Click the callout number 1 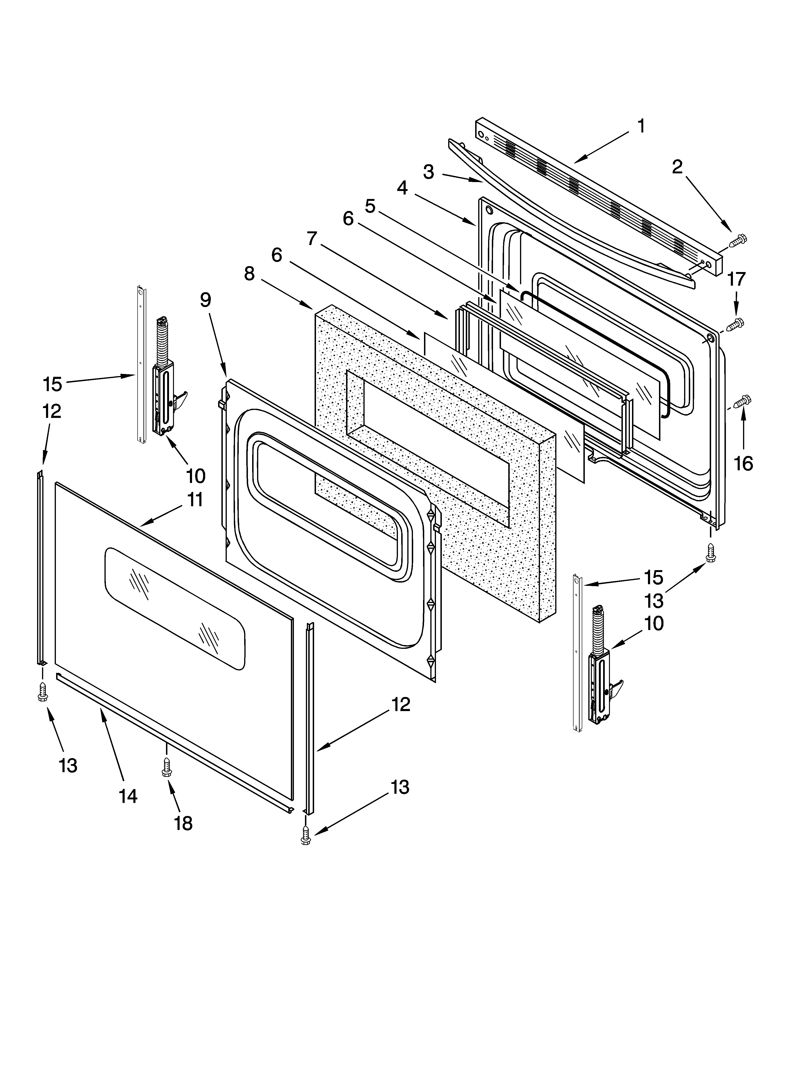point(641,126)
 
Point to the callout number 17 point(736,279)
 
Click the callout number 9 point(205,300)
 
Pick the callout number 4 point(402,188)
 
